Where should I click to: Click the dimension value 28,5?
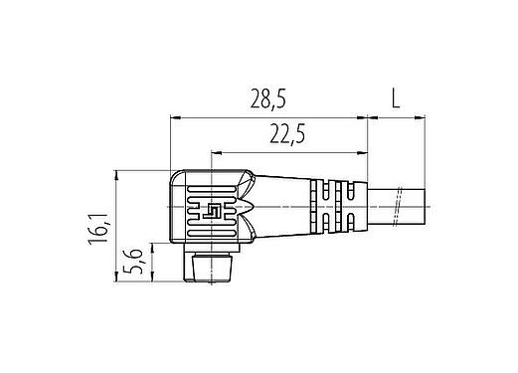tap(268, 99)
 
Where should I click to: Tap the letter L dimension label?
tap(395, 98)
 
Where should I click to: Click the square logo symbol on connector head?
tap(211, 210)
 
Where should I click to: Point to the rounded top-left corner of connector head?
tap(176, 177)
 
